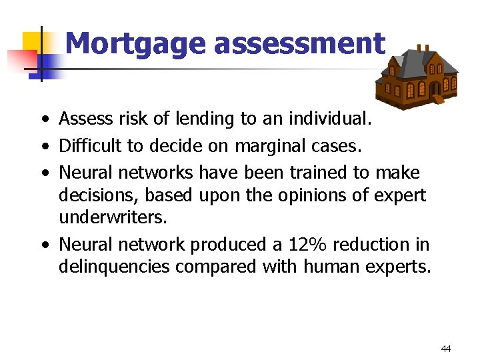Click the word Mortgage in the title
coord(136,44)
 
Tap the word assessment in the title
coord(299,44)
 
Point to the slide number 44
coord(446,349)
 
